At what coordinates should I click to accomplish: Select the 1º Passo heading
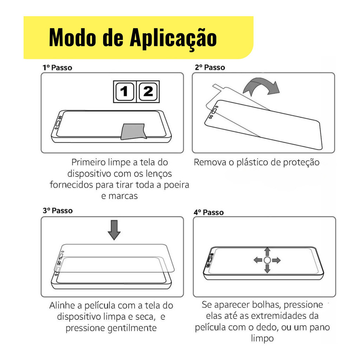point(57,68)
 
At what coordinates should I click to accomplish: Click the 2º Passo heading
point(210,67)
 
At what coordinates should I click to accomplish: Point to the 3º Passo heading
point(58,211)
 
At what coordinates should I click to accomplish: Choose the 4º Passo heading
point(208,212)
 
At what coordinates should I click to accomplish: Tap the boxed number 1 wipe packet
point(125,92)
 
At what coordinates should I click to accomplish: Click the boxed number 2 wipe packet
point(148,92)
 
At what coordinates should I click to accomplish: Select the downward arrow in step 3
point(114,230)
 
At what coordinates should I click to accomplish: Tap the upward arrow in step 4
point(267,252)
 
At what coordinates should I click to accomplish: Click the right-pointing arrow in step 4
point(276,261)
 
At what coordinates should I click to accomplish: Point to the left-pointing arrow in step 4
point(258,260)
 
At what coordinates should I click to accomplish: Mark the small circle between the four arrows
point(267,261)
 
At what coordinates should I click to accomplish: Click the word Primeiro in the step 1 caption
point(88,162)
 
